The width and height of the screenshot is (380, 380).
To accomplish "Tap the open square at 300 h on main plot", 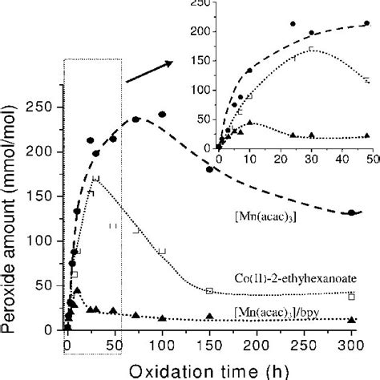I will tap(351, 296).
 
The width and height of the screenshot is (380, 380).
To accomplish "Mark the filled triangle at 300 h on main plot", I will tap(351, 320).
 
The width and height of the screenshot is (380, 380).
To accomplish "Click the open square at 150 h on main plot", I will tap(209, 291).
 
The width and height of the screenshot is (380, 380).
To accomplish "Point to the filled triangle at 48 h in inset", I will tap(366, 135).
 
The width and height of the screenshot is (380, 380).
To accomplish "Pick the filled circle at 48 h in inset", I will tap(366, 24).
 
